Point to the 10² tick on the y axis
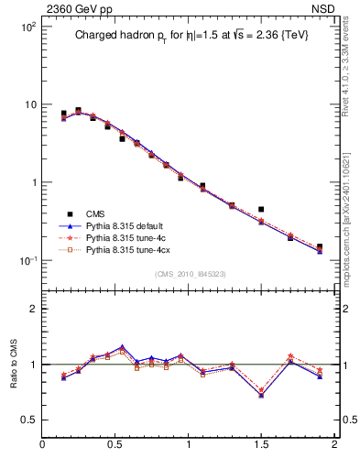click(x=28, y=27)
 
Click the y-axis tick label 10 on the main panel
click(x=30, y=105)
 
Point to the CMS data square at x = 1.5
click(x=261, y=210)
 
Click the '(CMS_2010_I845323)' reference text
click(x=189, y=273)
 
